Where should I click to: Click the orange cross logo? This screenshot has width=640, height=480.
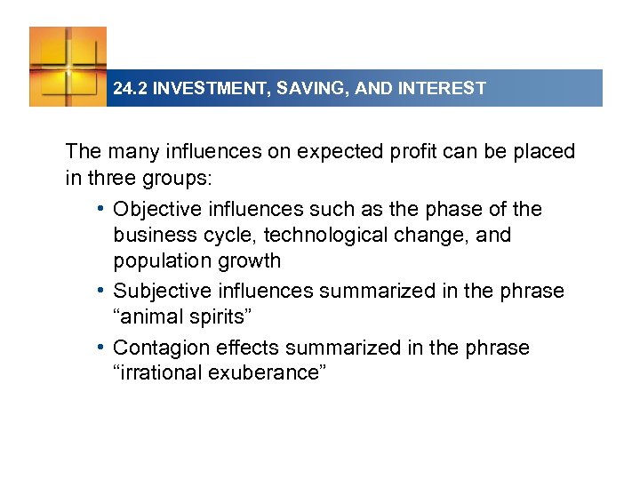pos(68,66)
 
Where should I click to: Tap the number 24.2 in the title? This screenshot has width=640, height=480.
pos(130,89)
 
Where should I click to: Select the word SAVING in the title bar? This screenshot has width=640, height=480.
pos(308,89)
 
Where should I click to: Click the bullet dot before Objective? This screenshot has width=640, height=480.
pos(104,210)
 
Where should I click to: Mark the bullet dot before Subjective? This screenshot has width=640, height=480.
pos(104,291)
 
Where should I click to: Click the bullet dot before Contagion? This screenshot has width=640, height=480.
pos(104,347)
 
